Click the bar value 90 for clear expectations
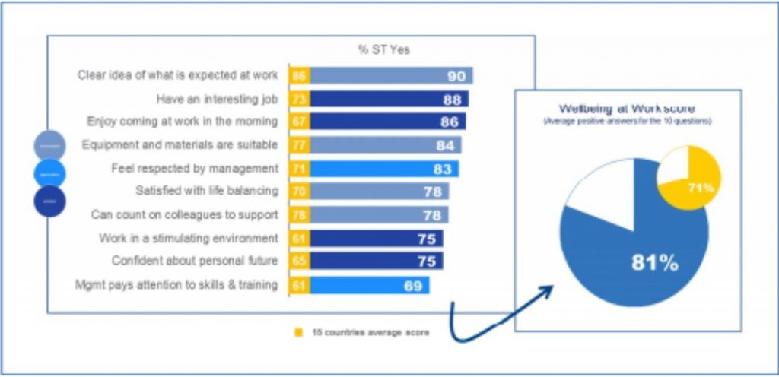click(x=456, y=75)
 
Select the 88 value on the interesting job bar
click(x=453, y=99)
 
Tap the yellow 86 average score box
click(x=299, y=75)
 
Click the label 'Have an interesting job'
click(x=217, y=99)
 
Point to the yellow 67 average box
click(x=299, y=122)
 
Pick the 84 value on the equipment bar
click(x=445, y=145)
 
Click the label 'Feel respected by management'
click(x=195, y=169)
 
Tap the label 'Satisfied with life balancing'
click(x=207, y=191)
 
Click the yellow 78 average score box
click(x=299, y=215)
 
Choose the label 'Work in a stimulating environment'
click(x=189, y=239)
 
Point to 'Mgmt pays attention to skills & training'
click(x=176, y=286)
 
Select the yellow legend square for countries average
click(x=298, y=333)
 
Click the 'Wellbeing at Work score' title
click(x=627, y=109)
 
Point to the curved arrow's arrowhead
click(x=550, y=290)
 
